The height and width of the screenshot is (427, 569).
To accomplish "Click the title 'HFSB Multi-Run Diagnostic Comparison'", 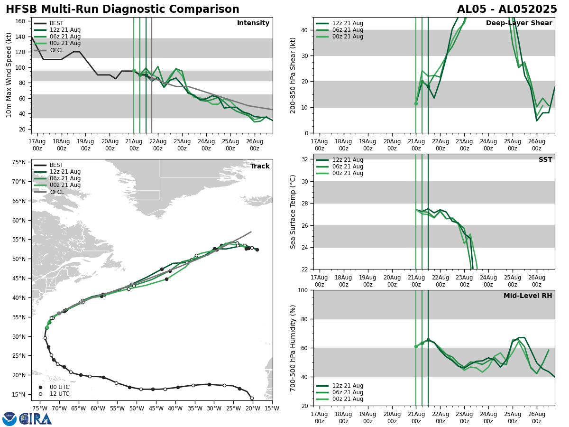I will pos(122,9).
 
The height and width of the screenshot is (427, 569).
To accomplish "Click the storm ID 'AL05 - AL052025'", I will pos(507,9).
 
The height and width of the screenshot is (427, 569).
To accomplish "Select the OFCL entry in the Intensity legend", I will pos(56,50).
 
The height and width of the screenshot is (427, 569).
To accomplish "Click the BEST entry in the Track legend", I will pos(56,165).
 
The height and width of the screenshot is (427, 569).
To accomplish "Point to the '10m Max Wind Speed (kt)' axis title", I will pos(9,75).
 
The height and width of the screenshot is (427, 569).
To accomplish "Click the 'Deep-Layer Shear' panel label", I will pos(519,23).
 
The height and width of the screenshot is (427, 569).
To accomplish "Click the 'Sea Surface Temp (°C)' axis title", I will pos(293,212).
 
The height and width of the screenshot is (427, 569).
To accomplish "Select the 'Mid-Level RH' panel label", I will pos(528,296).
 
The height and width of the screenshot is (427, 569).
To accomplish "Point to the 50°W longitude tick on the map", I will pos(136,408).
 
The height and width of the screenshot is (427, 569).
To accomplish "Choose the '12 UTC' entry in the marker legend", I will pos(59,394).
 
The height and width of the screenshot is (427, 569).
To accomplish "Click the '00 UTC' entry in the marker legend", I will pos(59,387).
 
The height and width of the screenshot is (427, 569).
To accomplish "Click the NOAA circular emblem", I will pos(9,418).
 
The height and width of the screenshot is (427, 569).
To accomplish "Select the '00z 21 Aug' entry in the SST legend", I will pos(348,173).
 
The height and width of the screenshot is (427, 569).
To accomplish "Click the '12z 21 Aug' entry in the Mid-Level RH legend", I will pos(348,386).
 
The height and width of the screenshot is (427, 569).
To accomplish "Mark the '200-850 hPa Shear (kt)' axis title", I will pos(293,75).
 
